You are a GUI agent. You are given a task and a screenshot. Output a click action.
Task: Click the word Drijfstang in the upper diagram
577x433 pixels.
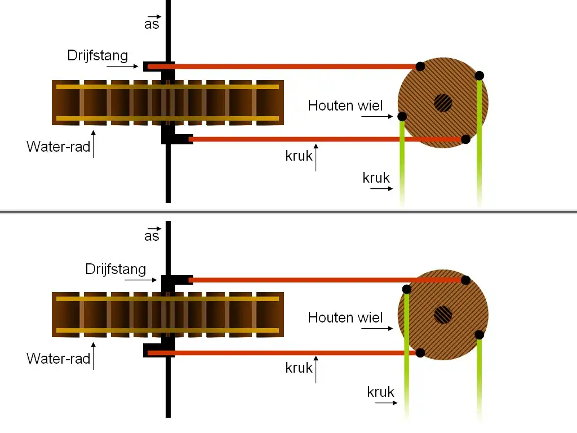click(97, 56)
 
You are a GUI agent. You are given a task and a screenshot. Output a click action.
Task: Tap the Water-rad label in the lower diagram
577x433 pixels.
click(58, 359)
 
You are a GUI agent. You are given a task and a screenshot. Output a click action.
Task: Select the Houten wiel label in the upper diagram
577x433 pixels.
click(345, 105)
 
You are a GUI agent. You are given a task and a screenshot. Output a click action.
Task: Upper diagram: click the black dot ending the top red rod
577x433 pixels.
click(420, 67)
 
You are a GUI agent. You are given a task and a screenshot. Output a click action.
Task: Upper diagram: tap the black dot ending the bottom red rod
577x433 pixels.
click(465, 139)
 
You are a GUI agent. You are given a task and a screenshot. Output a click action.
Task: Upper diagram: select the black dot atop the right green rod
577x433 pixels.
click(480, 76)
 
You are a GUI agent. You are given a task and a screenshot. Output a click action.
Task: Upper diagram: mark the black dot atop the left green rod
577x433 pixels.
click(402, 117)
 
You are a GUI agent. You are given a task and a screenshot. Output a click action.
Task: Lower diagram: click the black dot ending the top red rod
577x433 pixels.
click(465, 280)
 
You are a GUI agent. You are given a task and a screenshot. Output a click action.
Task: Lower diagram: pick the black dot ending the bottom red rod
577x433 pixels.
click(420, 353)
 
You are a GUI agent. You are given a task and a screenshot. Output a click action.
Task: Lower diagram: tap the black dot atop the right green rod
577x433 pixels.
click(480, 335)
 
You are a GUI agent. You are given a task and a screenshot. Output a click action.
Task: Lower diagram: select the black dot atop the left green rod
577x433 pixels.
click(406, 289)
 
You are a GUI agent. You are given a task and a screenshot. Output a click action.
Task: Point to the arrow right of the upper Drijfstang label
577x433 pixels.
click(122, 67)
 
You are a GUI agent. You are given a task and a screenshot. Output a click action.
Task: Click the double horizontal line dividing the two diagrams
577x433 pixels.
click(288, 212)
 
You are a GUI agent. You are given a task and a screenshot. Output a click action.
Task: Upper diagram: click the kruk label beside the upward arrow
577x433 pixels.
click(299, 156)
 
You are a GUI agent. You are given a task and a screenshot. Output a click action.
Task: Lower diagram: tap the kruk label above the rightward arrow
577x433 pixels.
click(380, 392)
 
